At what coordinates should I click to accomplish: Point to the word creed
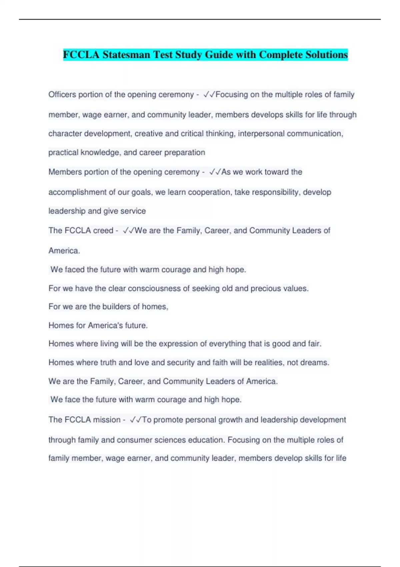pyautogui.click(x=103, y=231)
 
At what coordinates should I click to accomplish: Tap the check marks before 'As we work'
pyautogui.click(x=215, y=172)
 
